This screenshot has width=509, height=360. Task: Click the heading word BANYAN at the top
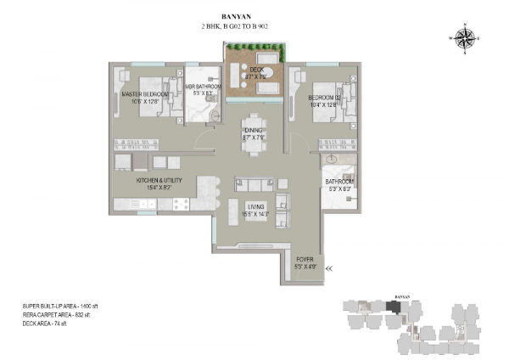pos(254,15)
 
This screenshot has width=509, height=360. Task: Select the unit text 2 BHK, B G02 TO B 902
pos(254,27)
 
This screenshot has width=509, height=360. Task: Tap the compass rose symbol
pos(466,37)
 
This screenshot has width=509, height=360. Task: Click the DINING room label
pos(254,129)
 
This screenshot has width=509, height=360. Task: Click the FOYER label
pos(305,259)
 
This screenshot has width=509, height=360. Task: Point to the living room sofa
pos(255,185)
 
